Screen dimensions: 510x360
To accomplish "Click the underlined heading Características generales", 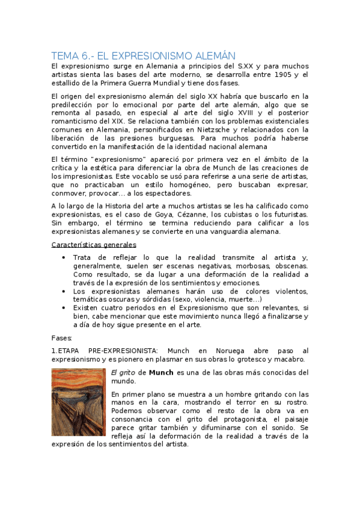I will coord(93,245).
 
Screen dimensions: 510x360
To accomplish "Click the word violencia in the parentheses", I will coord(211,300).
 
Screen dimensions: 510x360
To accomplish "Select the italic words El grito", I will coord(123,372).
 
